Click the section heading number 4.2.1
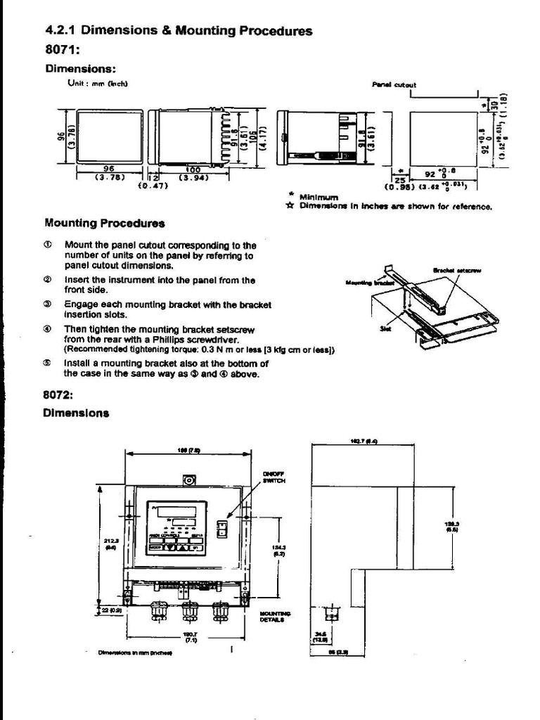pos(61,30)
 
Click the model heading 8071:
pos(61,50)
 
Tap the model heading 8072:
pos(59,395)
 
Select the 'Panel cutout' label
pos(394,84)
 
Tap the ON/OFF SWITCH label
pos(272,477)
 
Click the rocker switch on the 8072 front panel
pos(222,528)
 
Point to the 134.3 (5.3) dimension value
pos(278,550)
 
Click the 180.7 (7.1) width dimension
pos(190,637)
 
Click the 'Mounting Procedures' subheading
pos(104,223)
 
